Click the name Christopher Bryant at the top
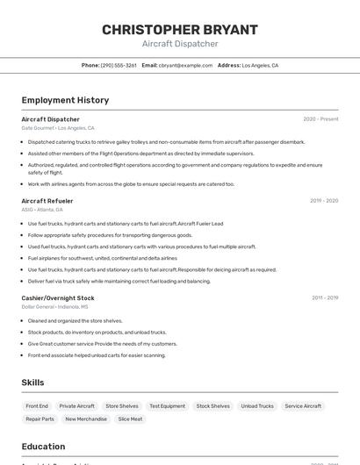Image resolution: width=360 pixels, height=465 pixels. [x=180, y=30]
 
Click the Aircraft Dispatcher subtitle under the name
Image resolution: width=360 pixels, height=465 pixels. [x=180, y=44]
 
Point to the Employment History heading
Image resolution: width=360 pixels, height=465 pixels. [x=65, y=100]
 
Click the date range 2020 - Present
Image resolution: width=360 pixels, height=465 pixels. [x=320, y=119]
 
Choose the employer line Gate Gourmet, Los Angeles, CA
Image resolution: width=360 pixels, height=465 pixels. [x=58, y=128]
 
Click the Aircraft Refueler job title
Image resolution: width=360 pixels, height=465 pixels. [x=47, y=201]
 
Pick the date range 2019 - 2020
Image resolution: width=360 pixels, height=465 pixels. [x=323, y=201]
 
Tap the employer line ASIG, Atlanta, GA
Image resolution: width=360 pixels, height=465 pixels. [x=42, y=210]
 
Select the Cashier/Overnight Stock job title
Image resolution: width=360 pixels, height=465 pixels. [x=58, y=298]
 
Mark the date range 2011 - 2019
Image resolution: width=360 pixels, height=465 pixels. [x=324, y=298]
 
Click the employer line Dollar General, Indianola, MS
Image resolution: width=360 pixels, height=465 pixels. [x=54, y=307]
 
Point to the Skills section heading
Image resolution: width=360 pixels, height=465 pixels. [x=33, y=383]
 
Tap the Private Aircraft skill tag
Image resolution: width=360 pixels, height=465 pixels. [x=77, y=406]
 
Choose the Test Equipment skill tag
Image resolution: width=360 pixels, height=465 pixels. [x=167, y=406]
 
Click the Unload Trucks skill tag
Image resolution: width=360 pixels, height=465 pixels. [x=257, y=406]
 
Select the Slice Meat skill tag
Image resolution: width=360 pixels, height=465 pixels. [x=130, y=419]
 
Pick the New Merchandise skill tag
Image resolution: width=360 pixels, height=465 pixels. [x=86, y=419]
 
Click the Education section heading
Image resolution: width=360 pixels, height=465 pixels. [x=44, y=447]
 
